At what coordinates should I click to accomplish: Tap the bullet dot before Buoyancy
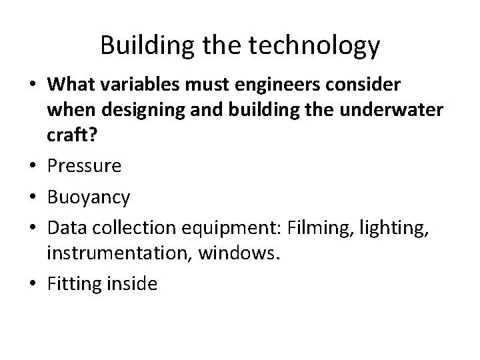pos(34,198)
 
